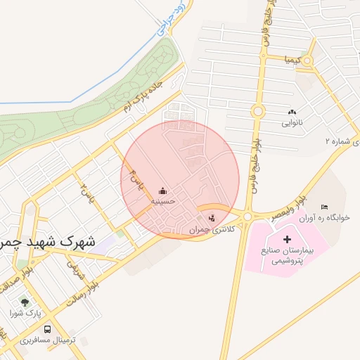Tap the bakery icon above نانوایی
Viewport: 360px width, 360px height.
pos(292,112)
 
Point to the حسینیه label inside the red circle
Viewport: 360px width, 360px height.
pos(162,201)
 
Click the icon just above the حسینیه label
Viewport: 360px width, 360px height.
pos(163,191)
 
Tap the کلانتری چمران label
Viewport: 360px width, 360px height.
pos(210,230)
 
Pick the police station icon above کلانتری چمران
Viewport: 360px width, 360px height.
pos(212,217)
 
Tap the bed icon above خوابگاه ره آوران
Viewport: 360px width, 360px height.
pos(323,207)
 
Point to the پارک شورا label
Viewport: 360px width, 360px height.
pos(25,311)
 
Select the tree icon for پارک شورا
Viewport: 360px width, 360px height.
pos(25,302)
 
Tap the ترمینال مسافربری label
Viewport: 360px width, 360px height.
pos(38,340)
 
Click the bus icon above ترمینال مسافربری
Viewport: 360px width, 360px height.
pos(47,329)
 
